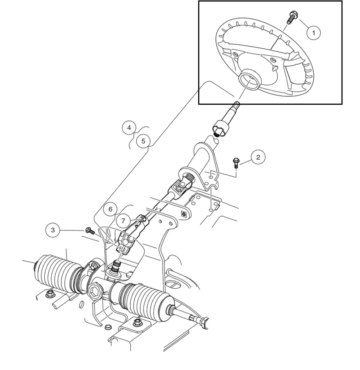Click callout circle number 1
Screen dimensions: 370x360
click(313, 33)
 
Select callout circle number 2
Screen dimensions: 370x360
click(258, 157)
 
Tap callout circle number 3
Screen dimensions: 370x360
click(53, 230)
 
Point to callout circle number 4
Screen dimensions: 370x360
click(129, 128)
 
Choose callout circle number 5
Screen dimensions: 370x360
click(143, 141)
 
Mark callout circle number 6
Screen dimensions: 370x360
click(110, 209)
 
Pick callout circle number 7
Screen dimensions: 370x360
click(123, 220)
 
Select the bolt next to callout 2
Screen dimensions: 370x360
click(236, 162)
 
